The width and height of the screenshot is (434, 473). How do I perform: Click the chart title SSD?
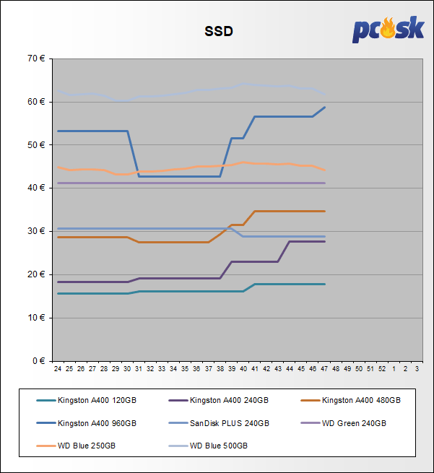[218, 31]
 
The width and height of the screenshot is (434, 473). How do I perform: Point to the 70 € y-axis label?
[35, 58]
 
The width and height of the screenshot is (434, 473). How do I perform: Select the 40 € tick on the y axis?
[35, 188]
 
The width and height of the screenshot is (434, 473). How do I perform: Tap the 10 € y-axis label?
[35, 318]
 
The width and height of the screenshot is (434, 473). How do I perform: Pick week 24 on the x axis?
[58, 369]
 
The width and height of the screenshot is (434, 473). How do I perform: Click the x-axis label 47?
[324, 369]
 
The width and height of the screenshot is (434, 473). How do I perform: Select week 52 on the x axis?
[382, 369]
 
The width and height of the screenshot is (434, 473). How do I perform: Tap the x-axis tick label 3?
[417, 369]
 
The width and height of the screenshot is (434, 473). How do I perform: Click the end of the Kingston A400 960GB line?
[324, 107]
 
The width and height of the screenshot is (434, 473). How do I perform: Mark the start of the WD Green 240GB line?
[58, 183]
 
